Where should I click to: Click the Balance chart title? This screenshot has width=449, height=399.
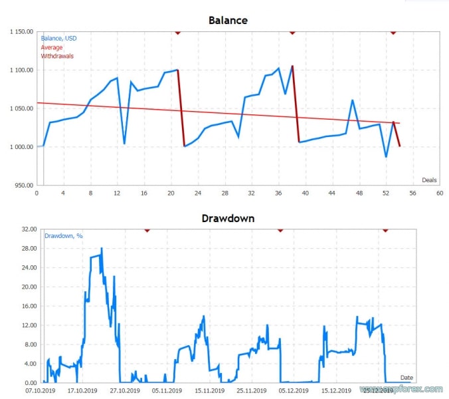228,20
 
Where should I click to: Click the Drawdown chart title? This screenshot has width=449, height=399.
228,218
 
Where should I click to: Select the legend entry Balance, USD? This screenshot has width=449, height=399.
58,39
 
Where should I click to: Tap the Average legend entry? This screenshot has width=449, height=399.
52,47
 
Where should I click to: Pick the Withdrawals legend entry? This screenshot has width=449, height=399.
57,56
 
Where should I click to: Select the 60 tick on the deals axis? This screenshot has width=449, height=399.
440,194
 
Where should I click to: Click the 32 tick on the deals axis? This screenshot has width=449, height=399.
251,194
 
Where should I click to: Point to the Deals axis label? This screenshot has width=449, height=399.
430,180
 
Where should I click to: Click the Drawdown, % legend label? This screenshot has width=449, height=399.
64,235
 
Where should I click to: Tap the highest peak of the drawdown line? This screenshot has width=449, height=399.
102,249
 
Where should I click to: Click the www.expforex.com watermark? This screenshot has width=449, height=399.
402,389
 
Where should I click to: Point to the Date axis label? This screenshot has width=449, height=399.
406,378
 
